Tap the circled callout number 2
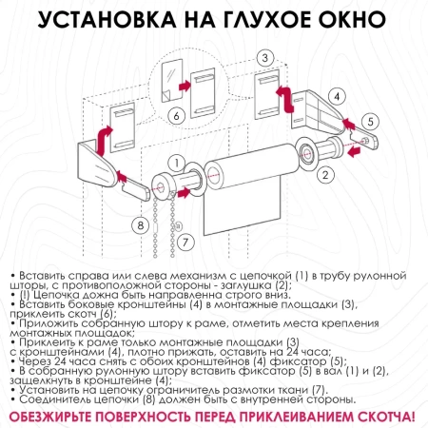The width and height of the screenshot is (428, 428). (325, 174)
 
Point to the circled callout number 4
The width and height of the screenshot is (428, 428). (337, 95)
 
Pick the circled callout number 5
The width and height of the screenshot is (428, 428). (371, 121)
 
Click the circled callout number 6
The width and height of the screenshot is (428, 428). (175, 115)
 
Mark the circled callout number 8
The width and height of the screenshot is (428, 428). (141, 225)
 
